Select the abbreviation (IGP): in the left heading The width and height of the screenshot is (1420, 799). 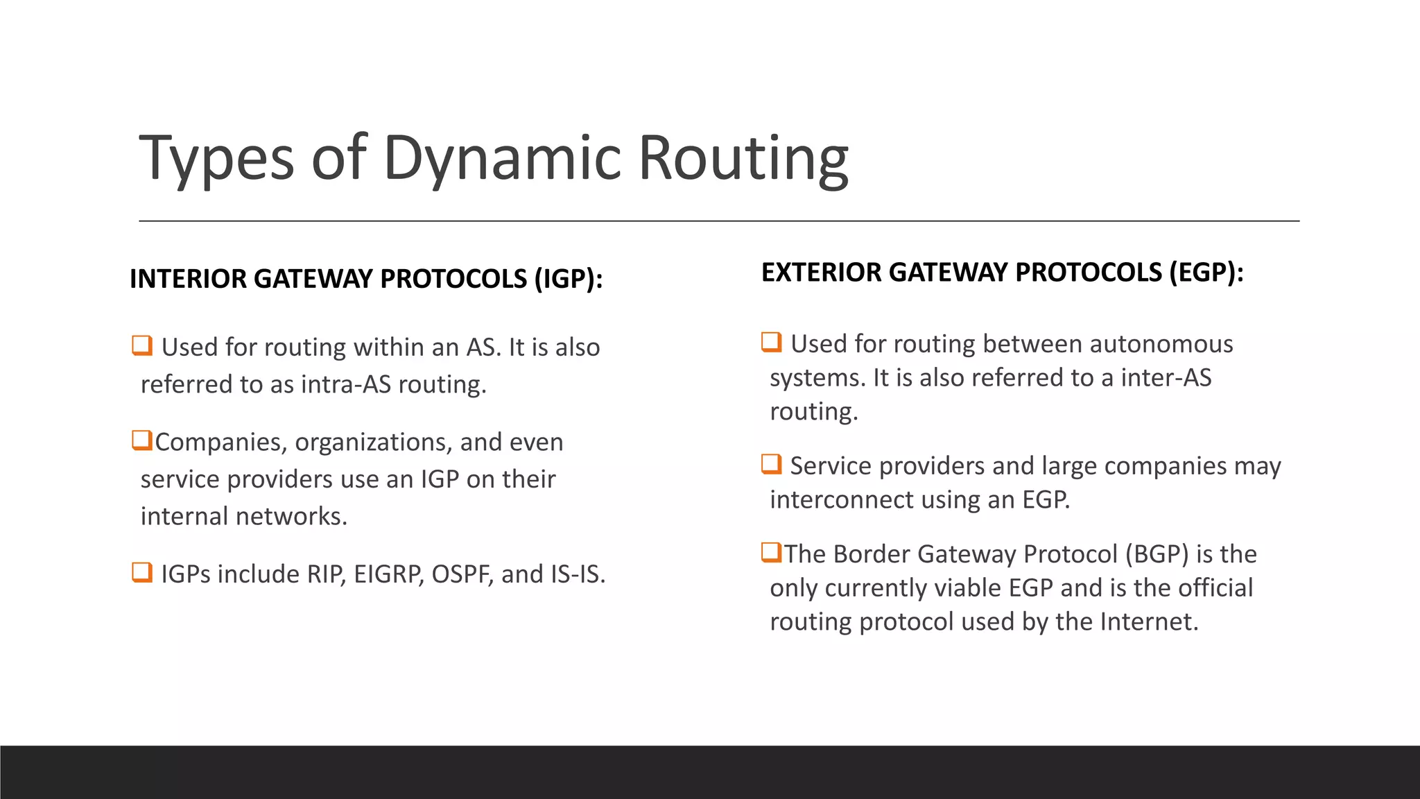(568, 279)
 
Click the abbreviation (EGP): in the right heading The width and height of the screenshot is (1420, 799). (1206, 272)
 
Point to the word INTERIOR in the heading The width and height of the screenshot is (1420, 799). (187, 279)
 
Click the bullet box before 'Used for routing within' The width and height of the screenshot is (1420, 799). (142, 345)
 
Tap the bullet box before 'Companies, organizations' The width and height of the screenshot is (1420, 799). (142, 440)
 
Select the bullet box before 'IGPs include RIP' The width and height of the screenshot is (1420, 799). (142, 573)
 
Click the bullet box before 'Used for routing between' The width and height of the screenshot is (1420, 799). (771, 343)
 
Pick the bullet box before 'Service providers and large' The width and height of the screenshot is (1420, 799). (771, 464)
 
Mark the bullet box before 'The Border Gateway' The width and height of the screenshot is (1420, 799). (771, 553)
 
